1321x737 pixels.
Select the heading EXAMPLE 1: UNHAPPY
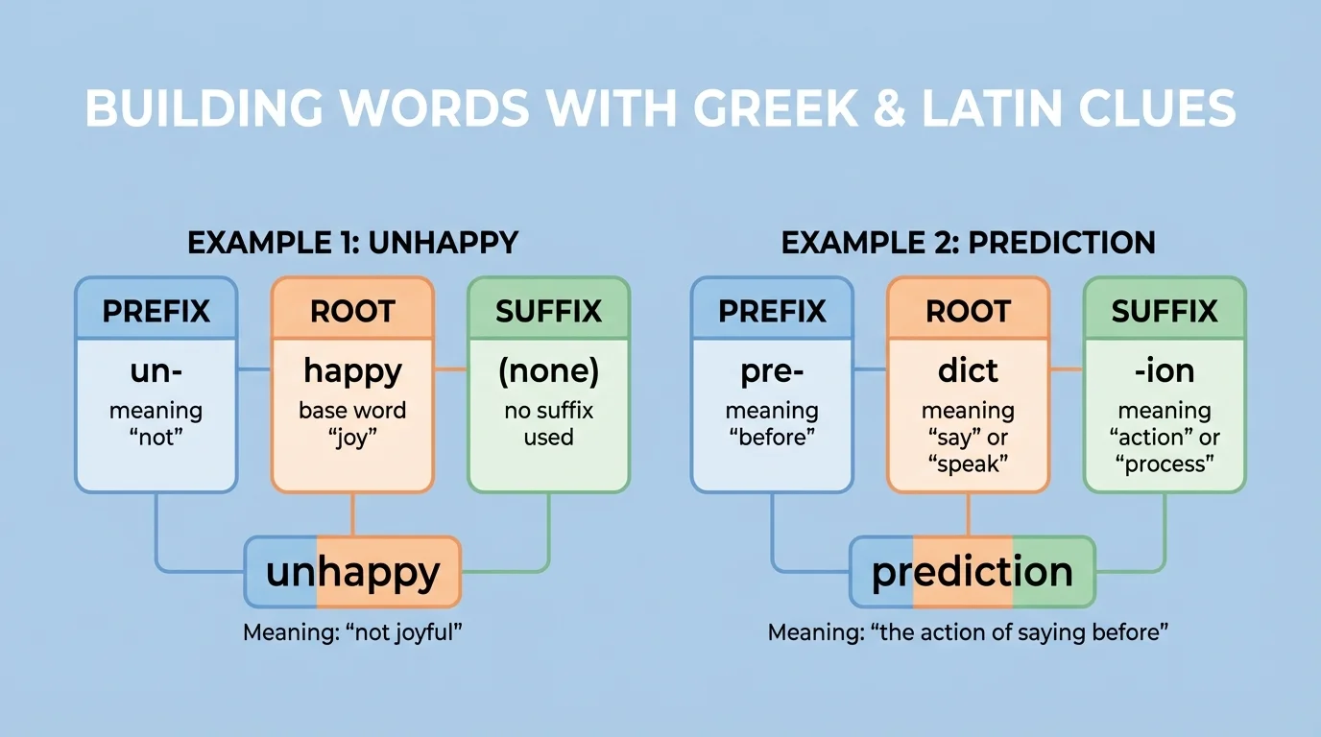[x=352, y=242]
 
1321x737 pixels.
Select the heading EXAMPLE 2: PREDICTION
[x=968, y=242]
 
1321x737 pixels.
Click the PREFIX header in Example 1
[x=156, y=311]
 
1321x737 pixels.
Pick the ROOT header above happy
[x=352, y=311]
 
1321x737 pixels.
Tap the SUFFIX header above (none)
[x=548, y=311]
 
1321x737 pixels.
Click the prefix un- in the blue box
[x=156, y=371]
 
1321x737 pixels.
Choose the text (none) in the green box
[x=548, y=371]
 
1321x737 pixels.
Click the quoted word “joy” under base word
[x=352, y=438]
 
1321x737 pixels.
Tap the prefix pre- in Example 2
[x=772, y=371]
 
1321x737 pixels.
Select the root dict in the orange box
[x=968, y=371]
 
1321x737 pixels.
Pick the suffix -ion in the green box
[x=1165, y=371]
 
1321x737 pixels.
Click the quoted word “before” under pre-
[x=772, y=438]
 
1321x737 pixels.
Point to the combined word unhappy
[x=352, y=573]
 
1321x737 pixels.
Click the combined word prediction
[x=972, y=573]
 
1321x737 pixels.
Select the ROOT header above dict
[x=968, y=311]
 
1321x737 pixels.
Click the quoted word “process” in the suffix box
[x=1165, y=464]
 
